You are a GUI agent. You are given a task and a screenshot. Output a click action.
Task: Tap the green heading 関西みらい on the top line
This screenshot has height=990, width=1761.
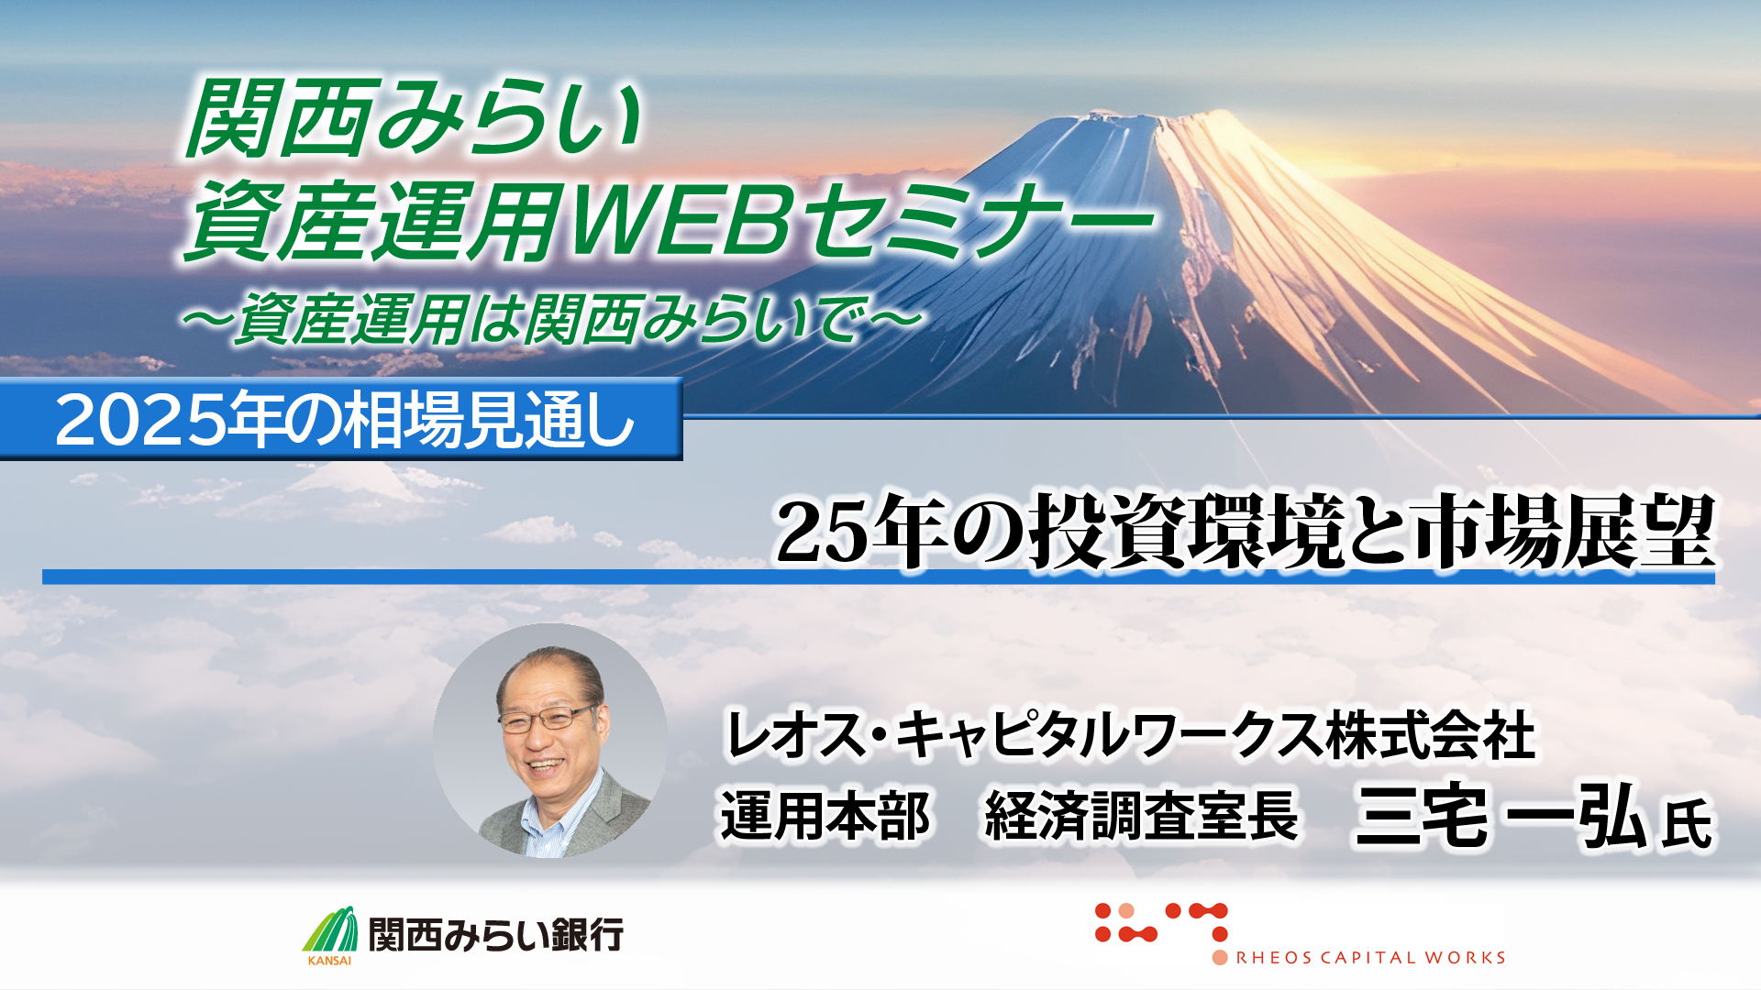(414, 119)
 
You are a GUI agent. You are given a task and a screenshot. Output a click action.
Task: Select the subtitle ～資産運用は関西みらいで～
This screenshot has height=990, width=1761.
(551, 318)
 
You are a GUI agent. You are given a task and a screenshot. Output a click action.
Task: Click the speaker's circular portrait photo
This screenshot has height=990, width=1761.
(550, 741)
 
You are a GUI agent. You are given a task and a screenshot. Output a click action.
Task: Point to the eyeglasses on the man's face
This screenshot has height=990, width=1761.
(546, 717)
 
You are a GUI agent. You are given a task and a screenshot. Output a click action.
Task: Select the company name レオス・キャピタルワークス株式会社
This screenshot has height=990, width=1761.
(1130, 734)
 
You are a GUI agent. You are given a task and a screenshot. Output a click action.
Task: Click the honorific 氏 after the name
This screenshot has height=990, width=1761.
(1687, 823)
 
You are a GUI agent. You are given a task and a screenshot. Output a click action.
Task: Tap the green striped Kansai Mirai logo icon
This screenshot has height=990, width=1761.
(331, 929)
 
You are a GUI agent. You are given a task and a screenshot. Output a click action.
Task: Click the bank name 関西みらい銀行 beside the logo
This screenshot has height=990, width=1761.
(496, 935)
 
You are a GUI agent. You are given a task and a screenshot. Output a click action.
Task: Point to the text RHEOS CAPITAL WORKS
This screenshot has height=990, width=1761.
(1371, 958)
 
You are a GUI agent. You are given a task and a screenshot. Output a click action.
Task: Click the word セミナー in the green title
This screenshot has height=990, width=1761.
(981, 221)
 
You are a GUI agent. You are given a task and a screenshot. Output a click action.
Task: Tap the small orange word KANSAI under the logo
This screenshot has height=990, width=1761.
(329, 961)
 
